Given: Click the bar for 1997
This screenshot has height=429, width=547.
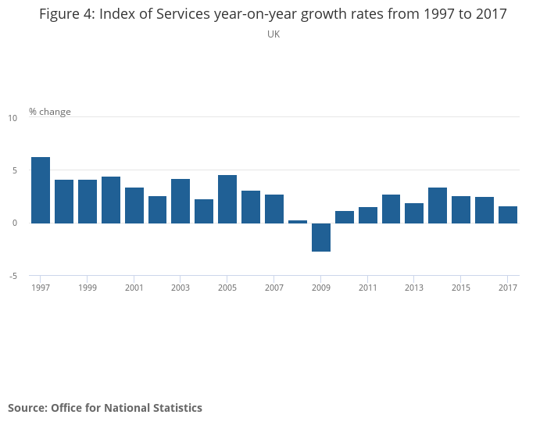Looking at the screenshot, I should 41,190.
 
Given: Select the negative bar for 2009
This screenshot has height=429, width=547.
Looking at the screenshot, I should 321,237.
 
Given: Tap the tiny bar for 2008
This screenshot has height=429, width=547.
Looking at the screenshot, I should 298,221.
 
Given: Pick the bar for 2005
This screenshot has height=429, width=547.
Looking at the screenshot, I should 227,198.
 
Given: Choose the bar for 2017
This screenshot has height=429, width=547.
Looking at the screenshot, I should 508,214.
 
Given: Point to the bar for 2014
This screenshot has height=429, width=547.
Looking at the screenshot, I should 438,205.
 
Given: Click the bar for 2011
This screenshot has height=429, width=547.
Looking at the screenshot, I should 368,215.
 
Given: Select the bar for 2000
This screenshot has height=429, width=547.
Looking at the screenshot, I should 111,199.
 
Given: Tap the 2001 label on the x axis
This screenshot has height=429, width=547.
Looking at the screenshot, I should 134,288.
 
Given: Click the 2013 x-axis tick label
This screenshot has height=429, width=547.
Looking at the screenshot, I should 414,288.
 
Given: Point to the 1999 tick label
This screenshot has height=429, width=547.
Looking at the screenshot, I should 87,288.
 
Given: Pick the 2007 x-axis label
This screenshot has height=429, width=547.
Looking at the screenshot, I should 274,288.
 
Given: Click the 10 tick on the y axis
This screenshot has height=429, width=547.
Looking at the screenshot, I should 12,118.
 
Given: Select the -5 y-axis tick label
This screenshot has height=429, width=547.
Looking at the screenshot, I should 12,276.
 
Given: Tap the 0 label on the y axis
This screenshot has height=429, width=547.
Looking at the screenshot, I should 13,223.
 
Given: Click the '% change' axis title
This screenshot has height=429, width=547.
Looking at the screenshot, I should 50,112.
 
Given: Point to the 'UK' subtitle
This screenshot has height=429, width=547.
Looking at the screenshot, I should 273,34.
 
